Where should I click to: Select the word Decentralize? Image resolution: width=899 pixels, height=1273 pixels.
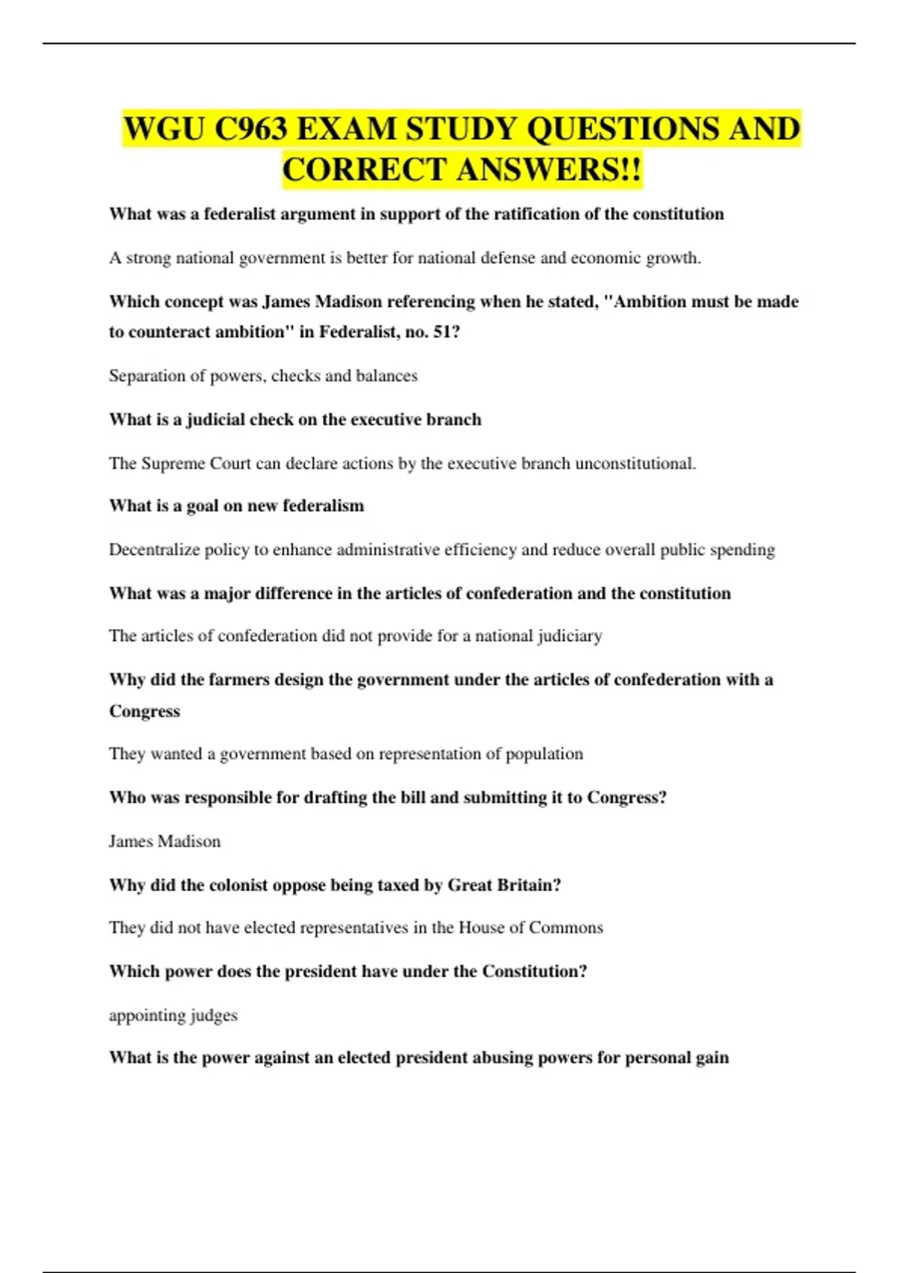(x=154, y=550)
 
